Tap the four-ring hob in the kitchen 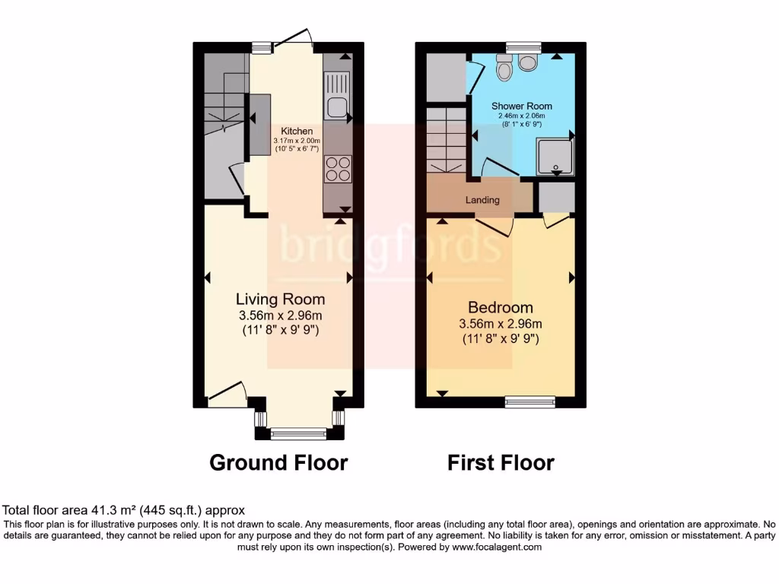[337, 169]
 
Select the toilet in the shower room [504, 68]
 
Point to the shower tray [556, 155]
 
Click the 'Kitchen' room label [297, 132]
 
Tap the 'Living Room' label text [280, 300]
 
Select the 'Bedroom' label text [500, 308]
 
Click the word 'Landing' [483, 201]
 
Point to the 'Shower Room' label [521, 106]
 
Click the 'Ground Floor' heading [278, 462]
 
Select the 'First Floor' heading [501, 462]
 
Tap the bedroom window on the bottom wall [530, 401]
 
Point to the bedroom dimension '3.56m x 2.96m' [501, 324]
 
